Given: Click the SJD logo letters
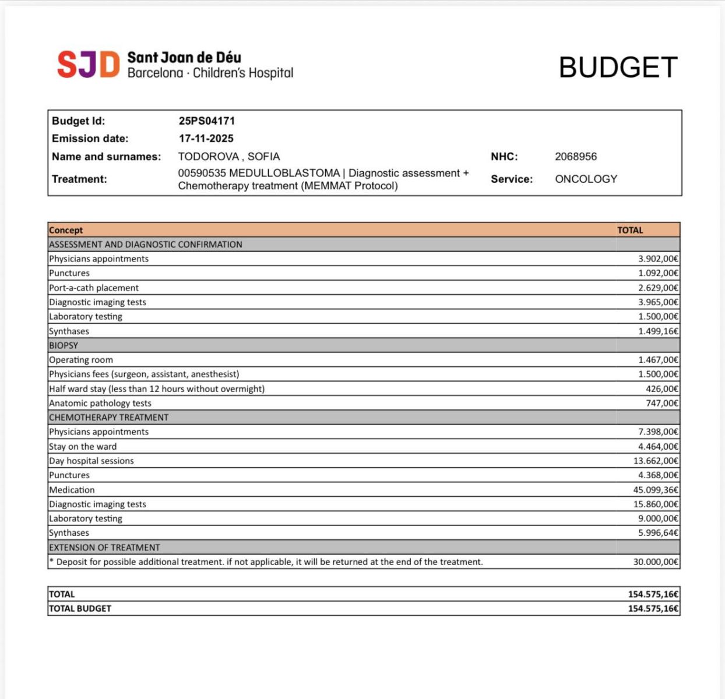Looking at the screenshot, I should pos(88,65).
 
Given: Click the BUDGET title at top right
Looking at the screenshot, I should pos(618,68).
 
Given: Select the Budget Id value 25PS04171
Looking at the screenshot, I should pos(207,121).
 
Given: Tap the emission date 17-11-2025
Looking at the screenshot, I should pos(206,139).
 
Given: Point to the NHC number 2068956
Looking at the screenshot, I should pos(576,157).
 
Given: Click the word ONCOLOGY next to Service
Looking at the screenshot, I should pos(586,179).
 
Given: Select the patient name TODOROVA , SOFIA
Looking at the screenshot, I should pos(229,157).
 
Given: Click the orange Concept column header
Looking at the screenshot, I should pos(66,230).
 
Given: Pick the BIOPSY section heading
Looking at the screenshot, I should pos(64,345).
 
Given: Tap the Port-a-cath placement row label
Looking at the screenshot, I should pos(94,288).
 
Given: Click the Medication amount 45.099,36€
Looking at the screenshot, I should pos(656,490).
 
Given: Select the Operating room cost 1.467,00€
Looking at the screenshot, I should pos(658,360).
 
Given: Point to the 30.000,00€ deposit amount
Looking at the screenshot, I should pos(656,562).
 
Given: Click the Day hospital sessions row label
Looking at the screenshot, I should pos(91,461).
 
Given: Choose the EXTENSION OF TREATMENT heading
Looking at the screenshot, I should pos(104,548).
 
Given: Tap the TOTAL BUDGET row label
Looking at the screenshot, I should pos(80,609).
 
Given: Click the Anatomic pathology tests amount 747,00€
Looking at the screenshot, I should pos(662,403).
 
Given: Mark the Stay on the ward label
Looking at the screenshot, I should pos(83,447).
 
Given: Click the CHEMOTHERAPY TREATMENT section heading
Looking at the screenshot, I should pos(108,418).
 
